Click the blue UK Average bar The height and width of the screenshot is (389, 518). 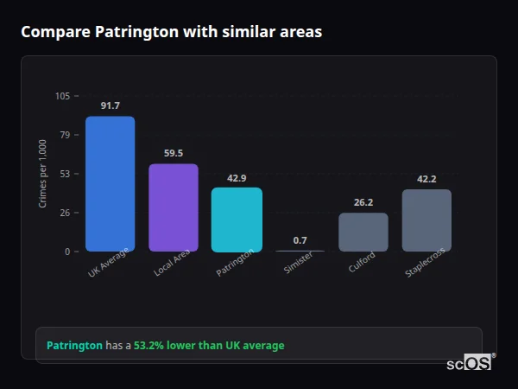110,184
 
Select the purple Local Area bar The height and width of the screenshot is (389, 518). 174,207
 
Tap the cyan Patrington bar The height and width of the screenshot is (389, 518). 237,220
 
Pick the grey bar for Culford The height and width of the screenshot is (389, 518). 363,232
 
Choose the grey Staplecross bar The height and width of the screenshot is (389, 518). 426,220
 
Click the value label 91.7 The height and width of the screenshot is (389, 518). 110,105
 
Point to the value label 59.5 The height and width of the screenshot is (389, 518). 174,153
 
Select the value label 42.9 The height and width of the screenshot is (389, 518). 237,178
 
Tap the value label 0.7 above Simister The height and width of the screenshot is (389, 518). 300,240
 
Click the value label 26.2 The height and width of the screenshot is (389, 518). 363,202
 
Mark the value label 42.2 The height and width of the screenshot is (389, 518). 426,179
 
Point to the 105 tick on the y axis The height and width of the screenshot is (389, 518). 62,96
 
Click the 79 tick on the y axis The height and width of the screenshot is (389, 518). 65,135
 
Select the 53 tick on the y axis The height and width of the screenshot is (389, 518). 65,174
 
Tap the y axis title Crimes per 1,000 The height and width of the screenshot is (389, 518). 43,174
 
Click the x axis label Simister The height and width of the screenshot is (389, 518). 298,264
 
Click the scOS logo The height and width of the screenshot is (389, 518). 469,363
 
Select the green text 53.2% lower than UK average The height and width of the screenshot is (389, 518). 208,346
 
